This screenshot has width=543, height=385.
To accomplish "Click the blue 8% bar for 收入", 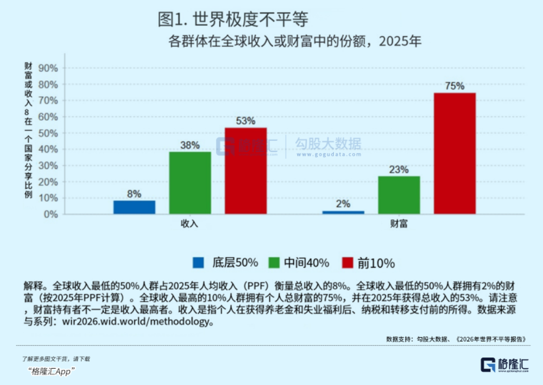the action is tap(134, 207).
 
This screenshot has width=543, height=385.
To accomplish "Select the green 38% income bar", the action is tap(190, 183).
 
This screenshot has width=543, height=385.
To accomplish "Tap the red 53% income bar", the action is tap(246, 171).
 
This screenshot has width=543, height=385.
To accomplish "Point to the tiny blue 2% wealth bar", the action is tap(343, 212).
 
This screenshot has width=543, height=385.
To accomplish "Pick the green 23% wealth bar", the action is tap(399, 195).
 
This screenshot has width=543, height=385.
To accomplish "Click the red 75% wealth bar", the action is tap(454, 153).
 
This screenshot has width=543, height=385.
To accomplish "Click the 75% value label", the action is tap(454, 86).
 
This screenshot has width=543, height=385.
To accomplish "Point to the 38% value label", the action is tap(190, 145).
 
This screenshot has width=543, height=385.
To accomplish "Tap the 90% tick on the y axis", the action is tap(48, 68).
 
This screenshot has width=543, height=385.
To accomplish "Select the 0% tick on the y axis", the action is tap(51, 214).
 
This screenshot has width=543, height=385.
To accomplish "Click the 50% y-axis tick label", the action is tap(48, 133).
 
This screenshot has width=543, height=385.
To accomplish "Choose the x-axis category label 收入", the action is tap(190, 224).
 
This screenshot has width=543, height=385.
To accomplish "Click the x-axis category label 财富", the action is tap(399, 224).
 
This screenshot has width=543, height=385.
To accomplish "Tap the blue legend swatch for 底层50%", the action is tap(198, 263).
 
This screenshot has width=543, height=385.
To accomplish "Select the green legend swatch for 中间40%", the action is tap(274, 263).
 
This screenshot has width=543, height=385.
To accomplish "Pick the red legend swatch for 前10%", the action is tap(348, 263).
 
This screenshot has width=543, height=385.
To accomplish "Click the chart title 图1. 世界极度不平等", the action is tap(233, 19).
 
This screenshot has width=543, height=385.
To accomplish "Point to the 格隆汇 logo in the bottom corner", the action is tap(505, 364).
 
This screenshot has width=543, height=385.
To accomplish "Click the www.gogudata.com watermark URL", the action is tap(329, 154).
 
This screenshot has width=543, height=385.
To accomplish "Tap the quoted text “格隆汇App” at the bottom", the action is tap(51, 371).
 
